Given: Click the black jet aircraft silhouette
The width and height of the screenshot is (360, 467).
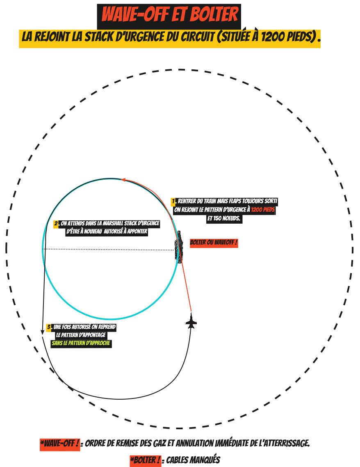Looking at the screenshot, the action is click(191, 321).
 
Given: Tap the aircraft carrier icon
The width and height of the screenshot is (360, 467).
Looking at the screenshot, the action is click(179, 247).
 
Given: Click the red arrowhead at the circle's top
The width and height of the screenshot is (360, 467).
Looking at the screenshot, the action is click(123, 180).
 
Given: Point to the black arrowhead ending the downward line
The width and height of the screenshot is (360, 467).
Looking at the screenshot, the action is click(43, 332).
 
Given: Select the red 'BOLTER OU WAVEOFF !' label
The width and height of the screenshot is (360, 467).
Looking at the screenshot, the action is click(214, 243).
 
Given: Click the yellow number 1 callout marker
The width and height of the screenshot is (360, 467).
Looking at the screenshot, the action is click(173, 201).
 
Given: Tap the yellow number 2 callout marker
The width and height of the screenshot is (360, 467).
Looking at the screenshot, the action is click(56, 224).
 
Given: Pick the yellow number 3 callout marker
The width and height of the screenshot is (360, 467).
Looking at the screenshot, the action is click(49, 327).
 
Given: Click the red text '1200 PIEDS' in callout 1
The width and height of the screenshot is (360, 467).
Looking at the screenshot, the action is click(263, 210).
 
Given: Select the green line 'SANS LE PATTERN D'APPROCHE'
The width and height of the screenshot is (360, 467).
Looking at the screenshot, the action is click(81, 343).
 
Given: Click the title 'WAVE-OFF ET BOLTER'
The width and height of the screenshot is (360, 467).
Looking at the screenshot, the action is click(170, 14).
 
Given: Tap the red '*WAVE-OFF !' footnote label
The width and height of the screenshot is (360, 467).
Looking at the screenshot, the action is click(60, 444).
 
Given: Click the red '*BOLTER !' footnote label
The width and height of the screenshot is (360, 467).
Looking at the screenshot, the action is click(146, 460).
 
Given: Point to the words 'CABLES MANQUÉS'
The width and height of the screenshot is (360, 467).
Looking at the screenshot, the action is click(193, 460).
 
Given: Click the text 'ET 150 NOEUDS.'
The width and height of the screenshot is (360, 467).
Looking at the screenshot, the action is click(224, 218).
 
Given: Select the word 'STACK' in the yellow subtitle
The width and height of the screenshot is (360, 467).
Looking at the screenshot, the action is click(99, 37).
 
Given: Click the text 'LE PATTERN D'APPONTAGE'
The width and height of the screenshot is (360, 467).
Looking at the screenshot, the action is click(81, 335).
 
